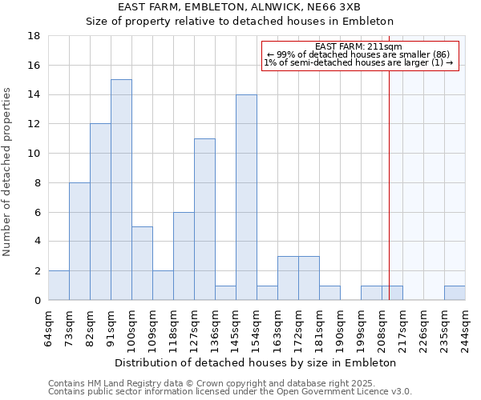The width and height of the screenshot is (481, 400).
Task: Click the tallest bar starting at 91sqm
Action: pos(121,190)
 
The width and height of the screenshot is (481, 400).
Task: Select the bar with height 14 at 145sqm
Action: pos(246,197)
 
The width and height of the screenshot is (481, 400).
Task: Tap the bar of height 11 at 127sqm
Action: pos(204,219)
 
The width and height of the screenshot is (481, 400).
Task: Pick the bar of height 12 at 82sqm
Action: pos(100,212)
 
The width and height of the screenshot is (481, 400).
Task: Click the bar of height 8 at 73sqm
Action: pos(79,241)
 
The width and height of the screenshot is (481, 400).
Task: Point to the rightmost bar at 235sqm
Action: pos(455,293)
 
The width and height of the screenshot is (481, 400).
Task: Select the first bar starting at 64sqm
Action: pos(59,286)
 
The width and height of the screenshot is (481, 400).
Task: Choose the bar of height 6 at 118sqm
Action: pos(184,256)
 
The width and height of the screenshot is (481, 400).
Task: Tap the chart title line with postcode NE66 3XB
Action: pos(240,7)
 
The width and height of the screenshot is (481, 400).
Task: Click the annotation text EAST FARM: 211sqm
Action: pos(359,47)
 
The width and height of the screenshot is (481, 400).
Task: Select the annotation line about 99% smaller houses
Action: pos(359,54)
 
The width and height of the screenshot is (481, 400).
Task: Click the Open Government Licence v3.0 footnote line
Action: pos(230,392)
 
